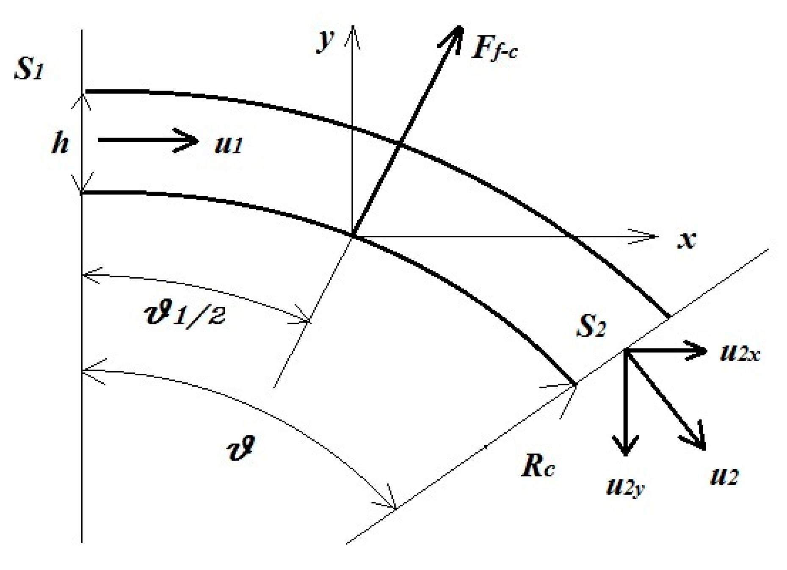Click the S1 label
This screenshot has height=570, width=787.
(x=29, y=70)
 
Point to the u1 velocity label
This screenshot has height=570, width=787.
(x=228, y=145)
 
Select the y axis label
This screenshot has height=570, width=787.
(x=325, y=41)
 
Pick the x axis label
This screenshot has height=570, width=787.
(x=687, y=240)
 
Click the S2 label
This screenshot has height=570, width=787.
(x=591, y=327)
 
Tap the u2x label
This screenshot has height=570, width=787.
(x=740, y=353)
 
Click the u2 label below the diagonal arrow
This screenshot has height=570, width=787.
(x=723, y=476)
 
